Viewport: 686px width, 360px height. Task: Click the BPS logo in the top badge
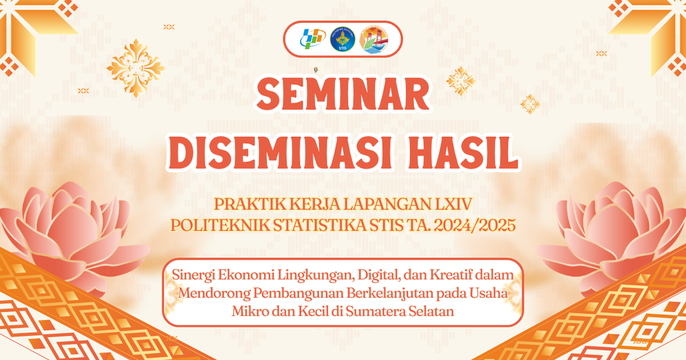click(313, 39)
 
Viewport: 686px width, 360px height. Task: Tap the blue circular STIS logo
click(342, 39)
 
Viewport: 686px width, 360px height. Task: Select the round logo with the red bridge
click(373, 39)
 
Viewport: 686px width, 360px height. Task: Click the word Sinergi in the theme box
click(192, 276)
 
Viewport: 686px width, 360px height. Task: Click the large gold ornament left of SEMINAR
click(135, 68)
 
